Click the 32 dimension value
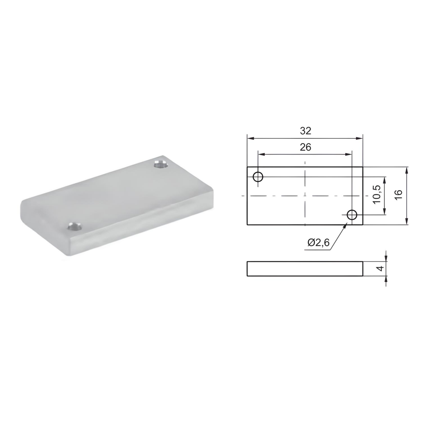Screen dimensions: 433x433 click(305, 131)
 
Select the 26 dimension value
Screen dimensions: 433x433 click(305, 147)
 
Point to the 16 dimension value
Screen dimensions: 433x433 click(398, 195)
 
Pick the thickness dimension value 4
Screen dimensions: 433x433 click(379, 268)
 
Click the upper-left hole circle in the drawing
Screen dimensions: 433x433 click(258, 176)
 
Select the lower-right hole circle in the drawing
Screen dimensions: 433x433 click(352, 215)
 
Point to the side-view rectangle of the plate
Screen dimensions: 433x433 click(305, 268)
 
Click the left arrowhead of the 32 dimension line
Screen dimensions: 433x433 click(250, 138)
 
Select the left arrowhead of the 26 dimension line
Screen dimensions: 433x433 click(261, 155)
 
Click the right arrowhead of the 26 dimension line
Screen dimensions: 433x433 click(349, 155)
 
